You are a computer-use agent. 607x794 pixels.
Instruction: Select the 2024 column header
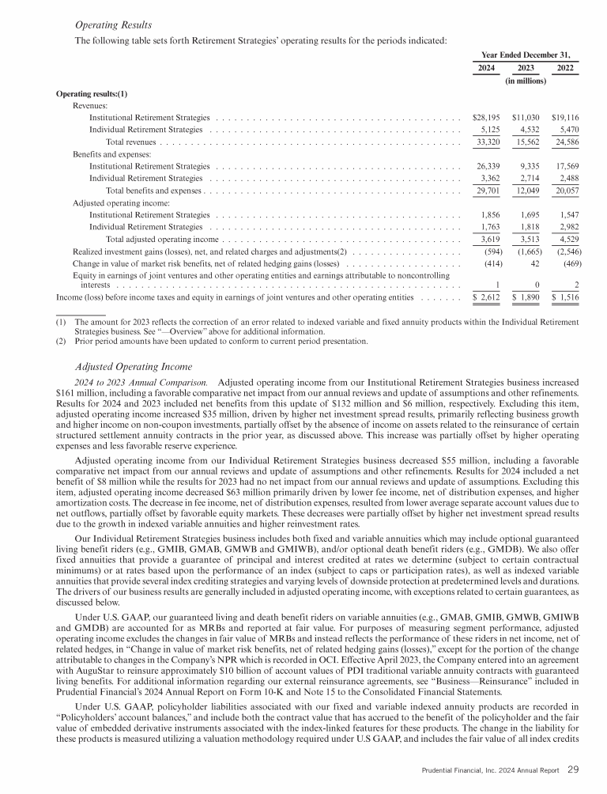pos(488,68)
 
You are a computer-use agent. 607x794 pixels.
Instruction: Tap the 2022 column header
pos(565,68)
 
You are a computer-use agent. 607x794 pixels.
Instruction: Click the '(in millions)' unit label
pos(526,81)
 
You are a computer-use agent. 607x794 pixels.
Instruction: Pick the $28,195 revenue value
pos(485,116)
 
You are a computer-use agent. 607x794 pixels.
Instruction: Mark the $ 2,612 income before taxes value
pos(487,298)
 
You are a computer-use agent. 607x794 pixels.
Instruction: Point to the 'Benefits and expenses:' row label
pos(107,154)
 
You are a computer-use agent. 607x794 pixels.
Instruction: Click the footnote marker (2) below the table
pos(61,342)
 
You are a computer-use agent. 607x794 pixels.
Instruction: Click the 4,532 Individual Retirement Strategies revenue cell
pos(526,129)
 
